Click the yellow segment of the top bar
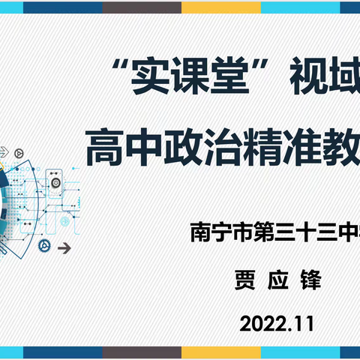(211, 7)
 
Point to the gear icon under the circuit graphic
(46, 204)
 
